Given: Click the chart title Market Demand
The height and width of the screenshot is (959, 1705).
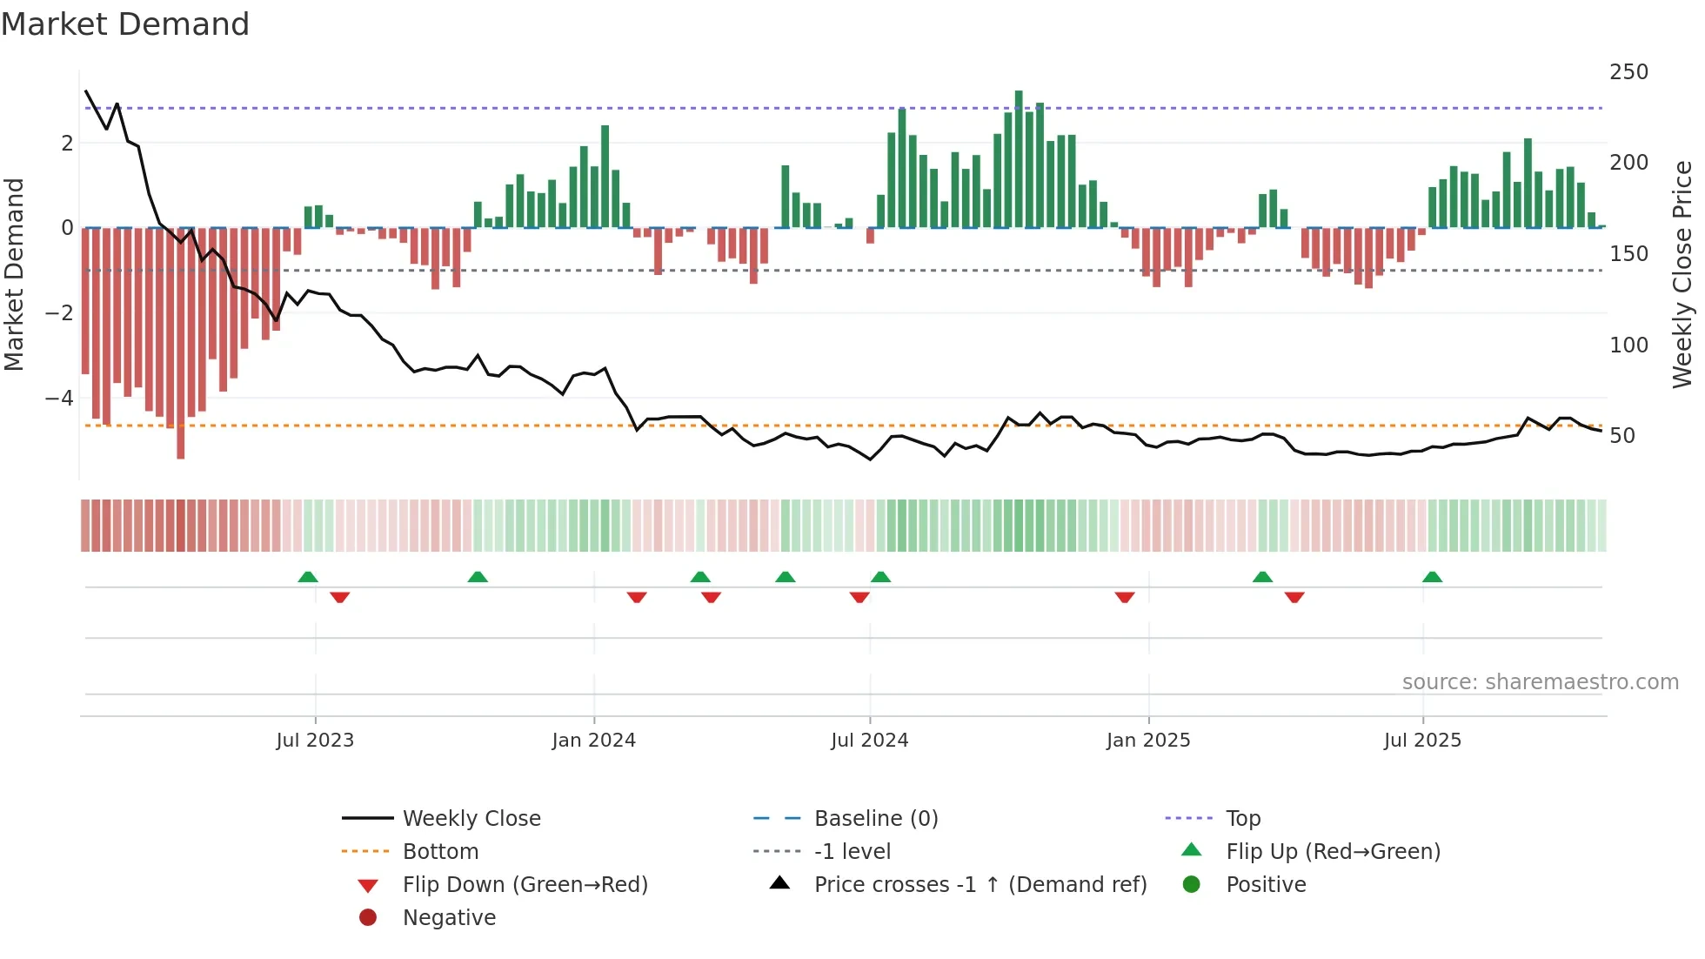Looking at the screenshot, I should pyautogui.click(x=125, y=24).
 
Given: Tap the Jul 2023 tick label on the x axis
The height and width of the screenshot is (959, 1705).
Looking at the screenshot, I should pyautogui.click(x=315, y=741).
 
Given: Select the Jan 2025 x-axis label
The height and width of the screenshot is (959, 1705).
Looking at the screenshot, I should pyautogui.click(x=1148, y=741).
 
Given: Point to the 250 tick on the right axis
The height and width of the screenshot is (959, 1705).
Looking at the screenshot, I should pyautogui.click(x=1628, y=72).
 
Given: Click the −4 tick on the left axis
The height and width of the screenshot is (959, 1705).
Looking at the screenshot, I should pyautogui.click(x=60, y=399).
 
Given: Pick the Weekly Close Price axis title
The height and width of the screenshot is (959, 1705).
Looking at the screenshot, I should pyautogui.click(x=1682, y=274).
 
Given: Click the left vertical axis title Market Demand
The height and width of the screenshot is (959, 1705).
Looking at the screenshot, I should pyautogui.click(x=15, y=274).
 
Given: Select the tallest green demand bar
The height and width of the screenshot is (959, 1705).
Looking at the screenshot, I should pyautogui.click(x=1019, y=157).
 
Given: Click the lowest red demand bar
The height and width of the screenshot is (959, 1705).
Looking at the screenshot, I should pyautogui.click(x=181, y=344).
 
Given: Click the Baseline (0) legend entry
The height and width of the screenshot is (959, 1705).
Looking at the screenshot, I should pyautogui.click(x=876, y=819).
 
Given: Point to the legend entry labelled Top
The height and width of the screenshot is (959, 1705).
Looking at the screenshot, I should pyautogui.click(x=1243, y=819).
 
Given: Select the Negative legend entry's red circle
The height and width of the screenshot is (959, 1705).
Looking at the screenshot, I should pyautogui.click(x=368, y=918).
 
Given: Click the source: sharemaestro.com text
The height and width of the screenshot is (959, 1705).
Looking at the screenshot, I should pyautogui.click(x=1540, y=682).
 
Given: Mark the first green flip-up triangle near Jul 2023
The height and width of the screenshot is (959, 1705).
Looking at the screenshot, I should pyautogui.click(x=308, y=577).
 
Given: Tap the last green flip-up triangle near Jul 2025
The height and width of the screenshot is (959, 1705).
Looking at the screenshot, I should pyautogui.click(x=1432, y=577).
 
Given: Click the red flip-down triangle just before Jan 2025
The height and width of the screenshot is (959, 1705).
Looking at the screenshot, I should pyautogui.click(x=1125, y=597).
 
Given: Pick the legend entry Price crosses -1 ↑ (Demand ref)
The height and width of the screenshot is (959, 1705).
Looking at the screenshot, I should pyautogui.click(x=980, y=885).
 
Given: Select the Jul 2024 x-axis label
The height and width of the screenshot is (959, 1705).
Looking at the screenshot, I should pyautogui.click(x=870, y=741).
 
